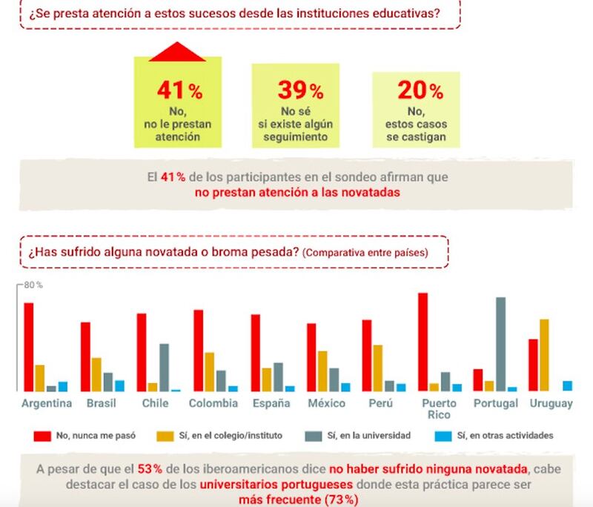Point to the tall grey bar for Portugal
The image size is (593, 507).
coord(501,343)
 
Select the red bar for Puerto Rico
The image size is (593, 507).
coord(423,341)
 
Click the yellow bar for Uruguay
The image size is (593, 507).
coord(544,354)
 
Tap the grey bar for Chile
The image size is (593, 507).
coord(164,367)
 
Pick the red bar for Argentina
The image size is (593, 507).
coord(29,346)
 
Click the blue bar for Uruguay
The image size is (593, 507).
coord(567,385)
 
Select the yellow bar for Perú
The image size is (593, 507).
coord(377,368)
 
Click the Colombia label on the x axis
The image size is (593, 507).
coord(213,403)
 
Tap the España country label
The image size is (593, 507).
coord(271,403)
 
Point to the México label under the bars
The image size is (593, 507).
coord(326,403)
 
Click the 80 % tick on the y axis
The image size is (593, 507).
coord(32,285)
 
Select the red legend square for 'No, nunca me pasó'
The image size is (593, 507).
coord(44,436)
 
